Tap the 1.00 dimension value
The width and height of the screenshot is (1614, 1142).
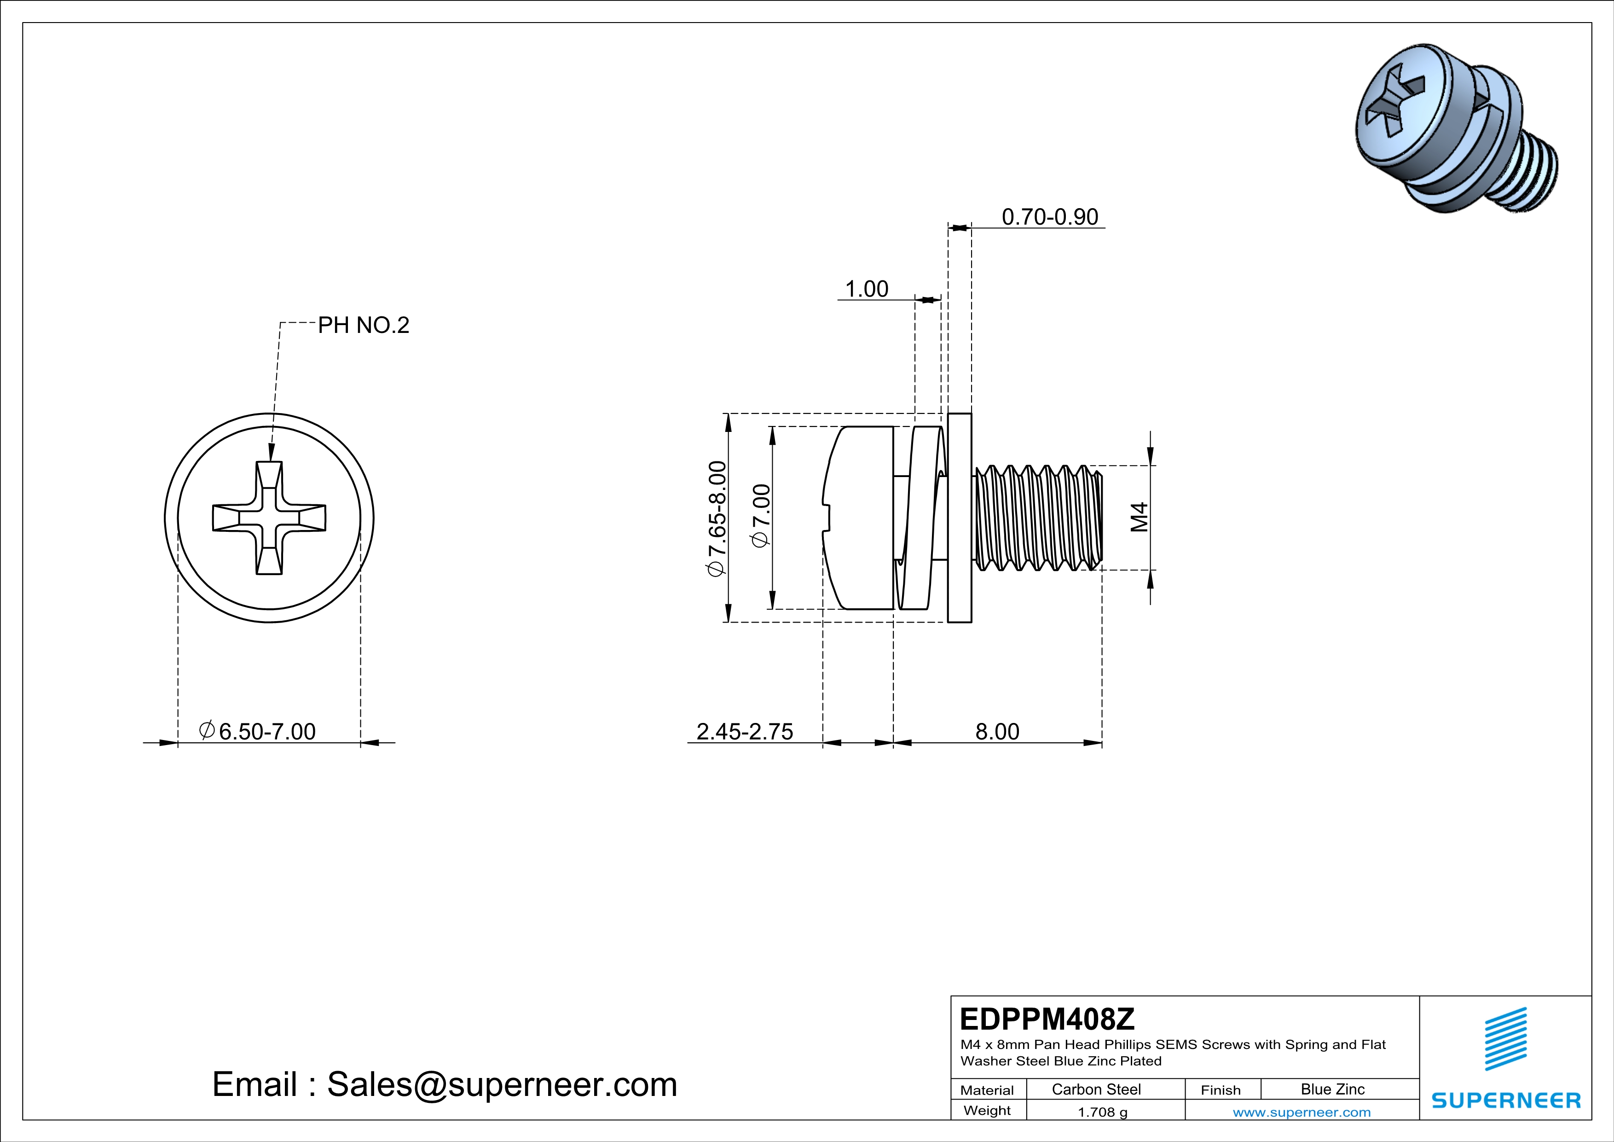(x=866, y=289)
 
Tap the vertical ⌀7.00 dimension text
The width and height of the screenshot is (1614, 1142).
(x=761, y=515)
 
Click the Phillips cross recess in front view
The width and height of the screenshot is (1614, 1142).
(x=269, y=518)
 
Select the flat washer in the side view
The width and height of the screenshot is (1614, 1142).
(x=960, y=518)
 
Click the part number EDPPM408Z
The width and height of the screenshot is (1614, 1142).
(x=1047, y=1019)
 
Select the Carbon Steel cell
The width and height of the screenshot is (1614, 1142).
(x=1096, y=1089)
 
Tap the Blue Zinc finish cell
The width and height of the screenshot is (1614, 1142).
(x=1332, y=1089)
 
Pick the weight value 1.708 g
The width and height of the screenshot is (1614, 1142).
(x=1102, y=1112)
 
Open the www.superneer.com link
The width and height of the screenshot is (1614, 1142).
(x=1301, y=1112)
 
